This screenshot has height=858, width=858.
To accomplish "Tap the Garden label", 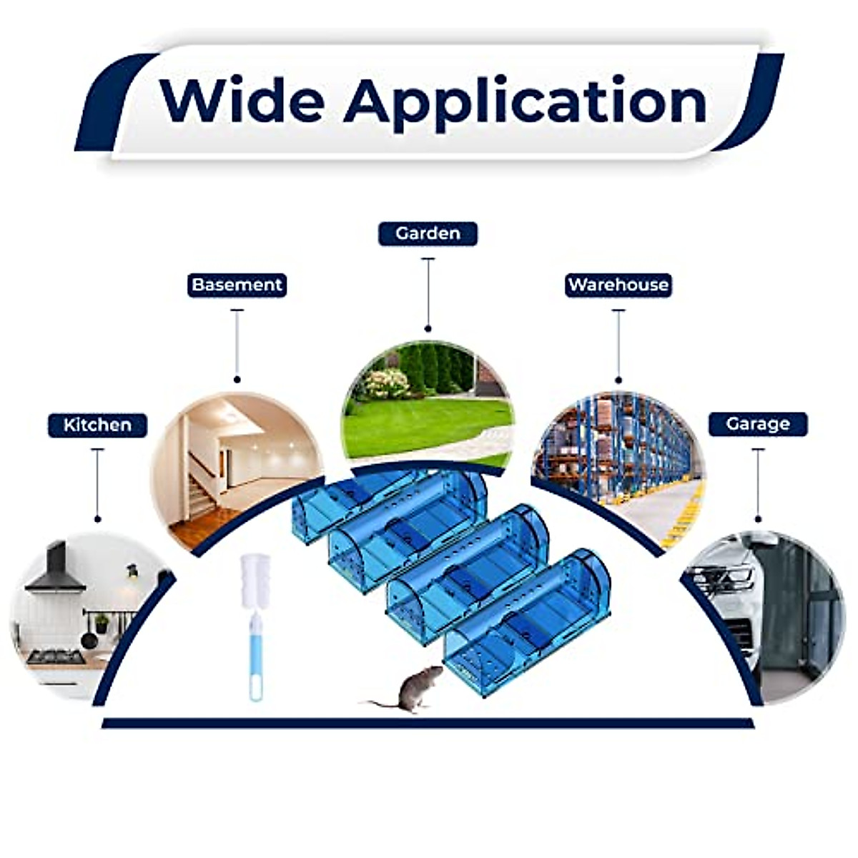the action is pyautogui.click(x=428, y=234).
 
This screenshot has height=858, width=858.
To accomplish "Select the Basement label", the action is pyautogui.click(x=237, y=285).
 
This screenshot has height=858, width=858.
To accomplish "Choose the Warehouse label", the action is pyautogui.click(x=618, y=285).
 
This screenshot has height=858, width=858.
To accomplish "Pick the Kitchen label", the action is pyautogui.click(x=97, y=425).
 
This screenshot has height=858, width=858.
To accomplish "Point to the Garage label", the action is pyautogui.click(x=758, y=424).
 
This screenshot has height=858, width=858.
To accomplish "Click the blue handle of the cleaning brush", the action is pyautogui.click(x=255, y=658).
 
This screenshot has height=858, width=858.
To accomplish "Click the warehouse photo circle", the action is pyautogui.click(x=619, y=458).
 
